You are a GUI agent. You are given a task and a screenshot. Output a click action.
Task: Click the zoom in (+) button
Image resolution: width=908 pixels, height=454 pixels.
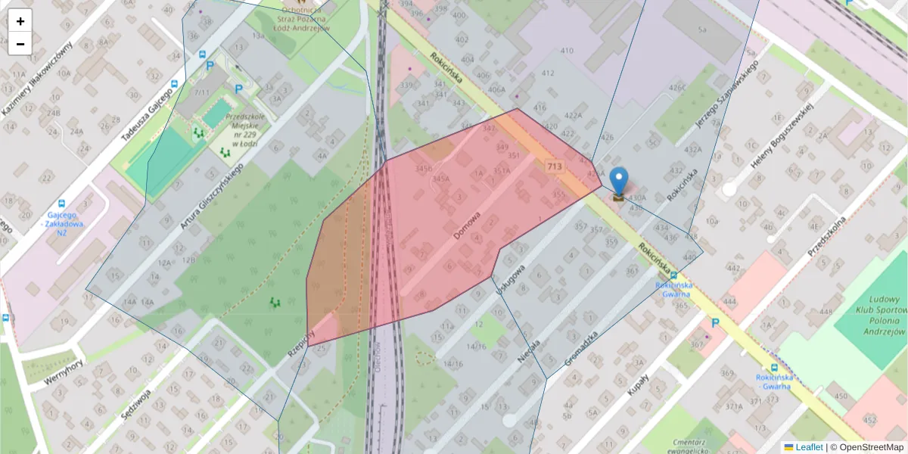pyautogui.click(x=20, y=21)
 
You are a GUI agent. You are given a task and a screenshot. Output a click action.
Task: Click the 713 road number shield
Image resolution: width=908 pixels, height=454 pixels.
pyautogui.click(x=555, y=166)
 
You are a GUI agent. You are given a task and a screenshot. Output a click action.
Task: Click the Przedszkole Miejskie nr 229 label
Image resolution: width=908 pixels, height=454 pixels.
pyautogui.click(x=242, y=128)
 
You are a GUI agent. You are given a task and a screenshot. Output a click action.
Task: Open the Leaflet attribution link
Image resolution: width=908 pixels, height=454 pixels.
pyautogui.click(x=809, y=447)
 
